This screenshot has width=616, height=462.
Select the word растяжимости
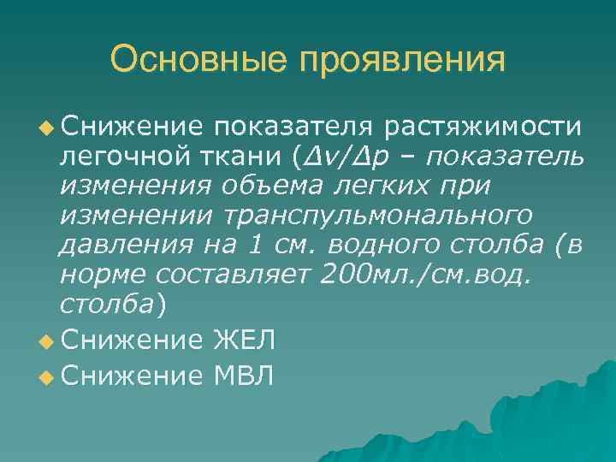pyautogui.click(x=483, y=127)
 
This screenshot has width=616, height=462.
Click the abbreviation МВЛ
pyautogui.click(x=244, y=373)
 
